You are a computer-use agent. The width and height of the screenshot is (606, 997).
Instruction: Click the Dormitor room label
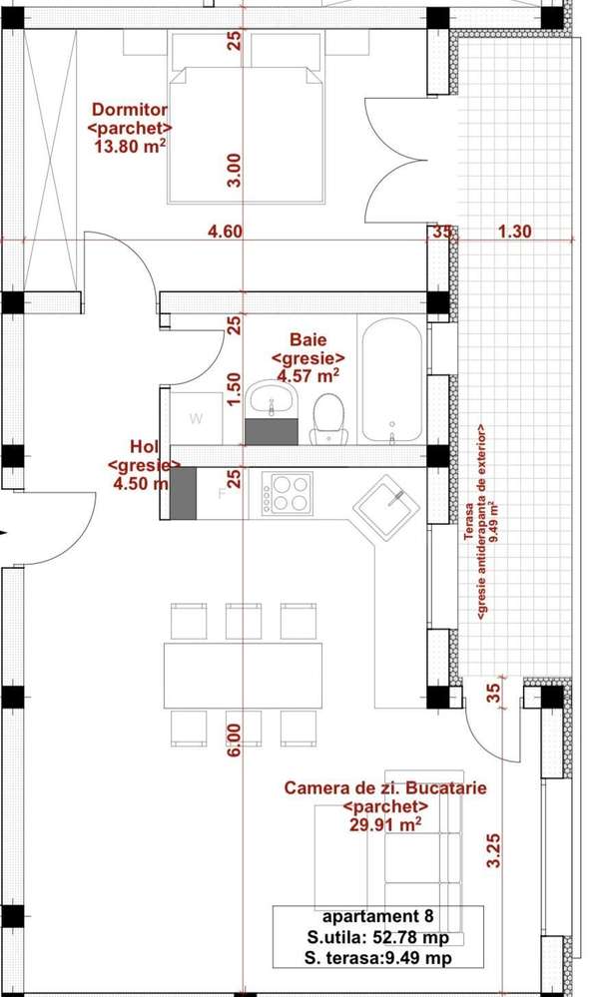tap(130, 110)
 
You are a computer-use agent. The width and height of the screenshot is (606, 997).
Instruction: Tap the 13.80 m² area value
tap(130, 147)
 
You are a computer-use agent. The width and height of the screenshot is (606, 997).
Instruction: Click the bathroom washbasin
tap(271, 400)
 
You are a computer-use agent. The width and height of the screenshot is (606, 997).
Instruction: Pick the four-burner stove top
tap(287, 493)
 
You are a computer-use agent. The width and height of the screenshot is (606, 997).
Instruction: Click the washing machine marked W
tap(197, 419)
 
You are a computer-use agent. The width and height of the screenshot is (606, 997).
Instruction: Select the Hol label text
tap(144, 446)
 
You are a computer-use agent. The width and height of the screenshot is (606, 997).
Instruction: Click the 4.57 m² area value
tap(308, 376)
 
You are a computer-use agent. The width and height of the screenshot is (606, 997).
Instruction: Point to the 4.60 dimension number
tap(225, 232)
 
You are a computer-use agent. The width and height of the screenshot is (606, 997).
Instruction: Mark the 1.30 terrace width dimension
tap(514, 232)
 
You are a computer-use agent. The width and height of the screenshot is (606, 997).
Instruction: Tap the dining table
tap(244, 675)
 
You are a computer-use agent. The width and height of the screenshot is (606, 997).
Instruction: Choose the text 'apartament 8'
tap(378, 916)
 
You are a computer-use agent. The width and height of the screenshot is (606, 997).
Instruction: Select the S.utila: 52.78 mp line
tap(378, 938)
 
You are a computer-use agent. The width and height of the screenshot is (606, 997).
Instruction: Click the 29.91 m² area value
tap(385, 823)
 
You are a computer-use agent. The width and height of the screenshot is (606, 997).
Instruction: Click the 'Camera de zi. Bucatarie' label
tap(385, 788)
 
